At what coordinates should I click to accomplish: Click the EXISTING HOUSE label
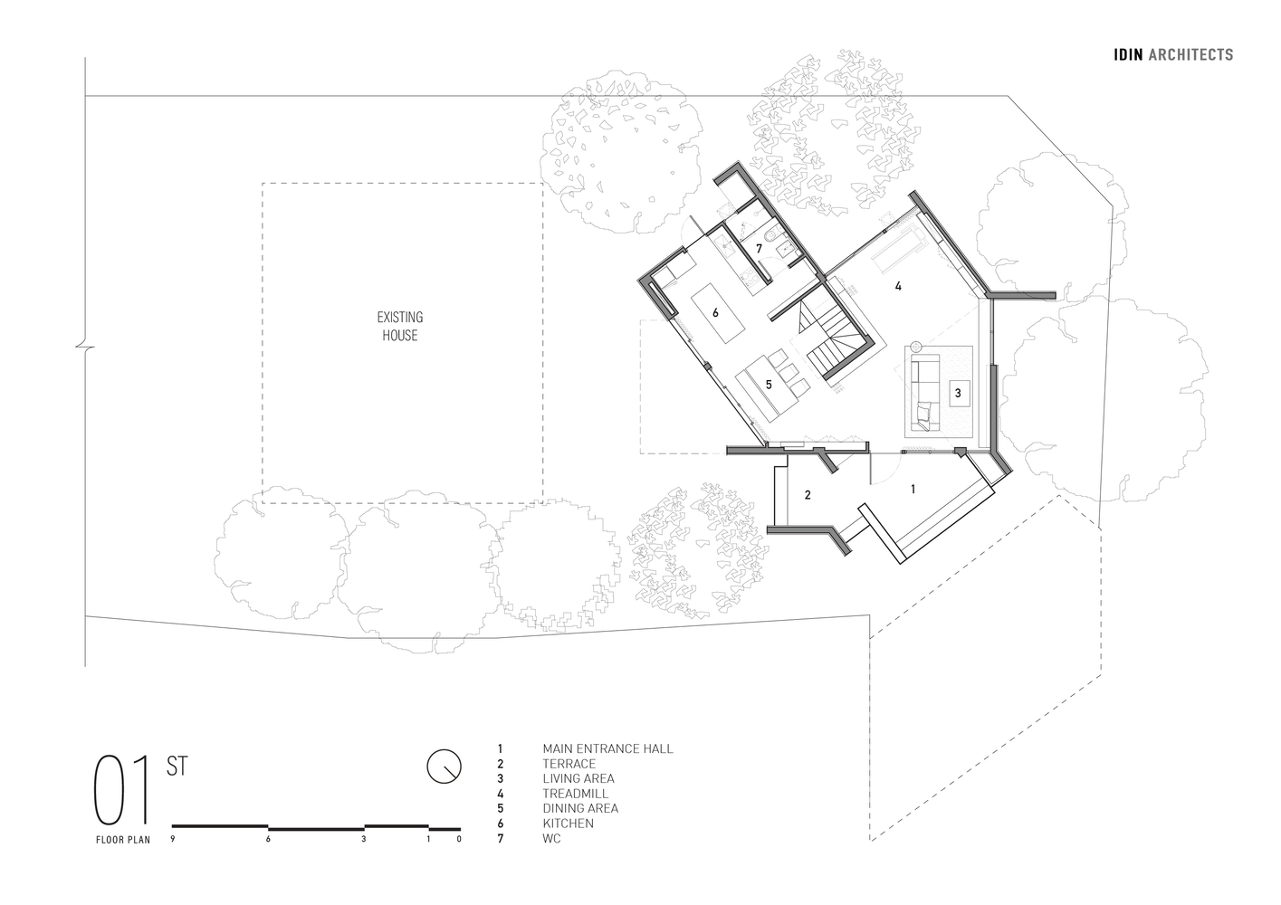tap(400, 327)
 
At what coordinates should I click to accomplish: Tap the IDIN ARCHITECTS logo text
tap(1173, 55)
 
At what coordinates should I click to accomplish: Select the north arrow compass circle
tap(444, 766)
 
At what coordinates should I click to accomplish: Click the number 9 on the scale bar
tap(172, 839)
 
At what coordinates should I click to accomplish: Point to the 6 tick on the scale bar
tap(268, 839)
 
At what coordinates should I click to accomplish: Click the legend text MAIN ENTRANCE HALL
tap(607, 748)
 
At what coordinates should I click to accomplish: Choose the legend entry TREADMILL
tap(575, 794)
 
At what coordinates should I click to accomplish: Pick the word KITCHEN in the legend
tap(568, 824)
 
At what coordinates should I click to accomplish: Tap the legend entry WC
tap(552, 839)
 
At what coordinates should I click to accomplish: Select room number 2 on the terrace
tap(808, 494)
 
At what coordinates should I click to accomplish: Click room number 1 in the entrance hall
tap(913, 489)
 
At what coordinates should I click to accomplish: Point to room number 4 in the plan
tap(898, 286)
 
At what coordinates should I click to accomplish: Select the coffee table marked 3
tap(959, 393)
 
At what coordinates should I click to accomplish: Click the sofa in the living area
tap(924, 393)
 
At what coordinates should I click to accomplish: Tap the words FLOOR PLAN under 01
tap(123, 840)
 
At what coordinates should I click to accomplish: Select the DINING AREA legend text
tap(580, 808)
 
